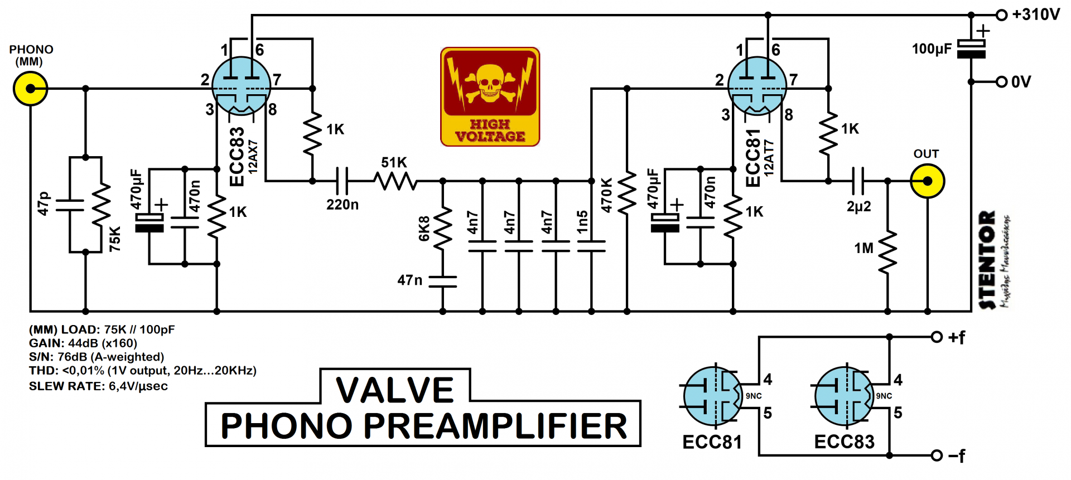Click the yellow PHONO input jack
(30, 89)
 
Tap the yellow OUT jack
(927, 181)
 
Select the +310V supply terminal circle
(1002, 15)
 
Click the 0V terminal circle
(1002, 82)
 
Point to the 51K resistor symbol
(395, 181)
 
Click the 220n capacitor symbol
(342, 181)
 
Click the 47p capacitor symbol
(70, 205)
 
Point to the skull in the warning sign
(490, 83)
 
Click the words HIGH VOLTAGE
(490, 130)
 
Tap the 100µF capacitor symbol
(971, 49)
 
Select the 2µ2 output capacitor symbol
(858, 181)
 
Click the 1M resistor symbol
(887, 252)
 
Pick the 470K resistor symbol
(627, 192)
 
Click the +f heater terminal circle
(937, 337)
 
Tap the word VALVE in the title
(395, 390)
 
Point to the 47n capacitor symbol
(443, 282)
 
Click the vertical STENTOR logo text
(987, 259)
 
